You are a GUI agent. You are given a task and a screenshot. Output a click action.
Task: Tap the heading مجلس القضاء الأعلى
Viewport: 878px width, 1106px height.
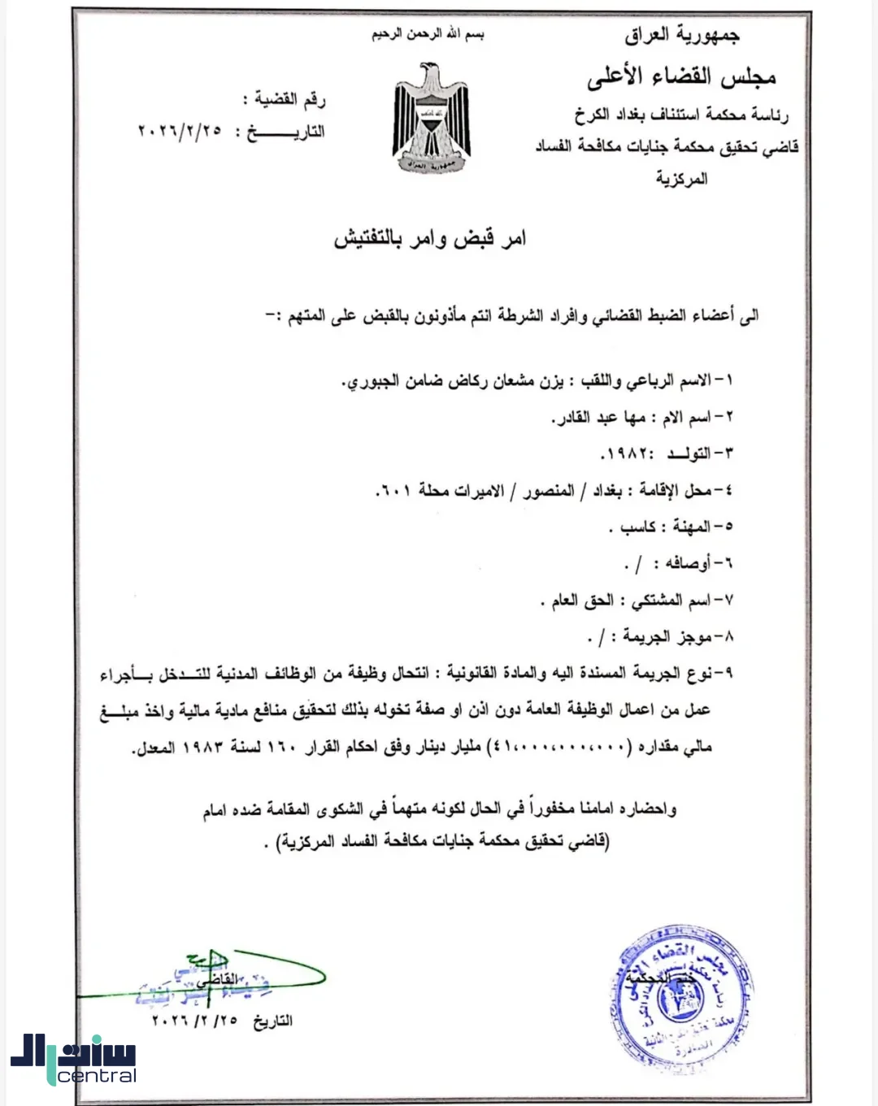coord(681,77)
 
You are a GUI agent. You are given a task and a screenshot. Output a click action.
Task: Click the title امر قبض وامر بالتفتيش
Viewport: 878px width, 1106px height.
coord(430,238)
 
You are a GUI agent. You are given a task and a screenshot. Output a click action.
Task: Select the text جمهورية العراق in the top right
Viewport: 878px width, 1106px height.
coord(682,35)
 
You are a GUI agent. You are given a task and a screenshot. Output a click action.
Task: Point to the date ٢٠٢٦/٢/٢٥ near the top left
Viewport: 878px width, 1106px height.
coord(180,132)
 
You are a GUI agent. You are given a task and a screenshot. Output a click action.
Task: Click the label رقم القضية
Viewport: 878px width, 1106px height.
coord(290,101)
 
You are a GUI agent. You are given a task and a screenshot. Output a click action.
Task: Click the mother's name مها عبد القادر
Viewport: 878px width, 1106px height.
coord(600,418)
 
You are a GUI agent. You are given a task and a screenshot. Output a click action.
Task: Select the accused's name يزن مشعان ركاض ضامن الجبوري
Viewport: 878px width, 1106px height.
coord(452,381)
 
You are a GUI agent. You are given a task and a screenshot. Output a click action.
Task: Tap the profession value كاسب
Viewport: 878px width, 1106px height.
coord(638,527)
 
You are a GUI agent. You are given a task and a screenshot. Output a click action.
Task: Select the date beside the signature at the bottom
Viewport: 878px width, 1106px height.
coord(195,1021)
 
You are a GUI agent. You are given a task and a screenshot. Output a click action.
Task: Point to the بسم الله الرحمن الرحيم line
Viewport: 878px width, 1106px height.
coord(428,35)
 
